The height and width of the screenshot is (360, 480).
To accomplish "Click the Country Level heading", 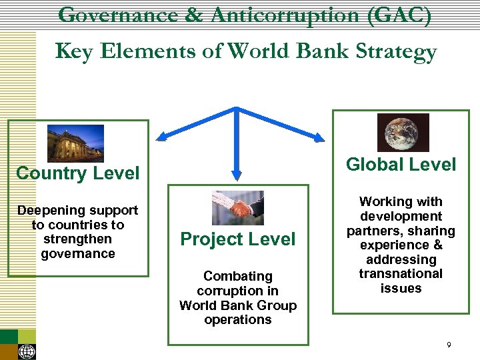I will [x=77, y=174].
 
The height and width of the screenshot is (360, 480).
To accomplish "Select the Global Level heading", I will [x=401, y=165].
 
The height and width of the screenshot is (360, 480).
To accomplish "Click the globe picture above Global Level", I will [x=403, y=133].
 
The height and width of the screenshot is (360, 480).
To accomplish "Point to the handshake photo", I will [x=237, y=208].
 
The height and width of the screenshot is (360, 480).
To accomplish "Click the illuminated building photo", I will [x=75, y=143].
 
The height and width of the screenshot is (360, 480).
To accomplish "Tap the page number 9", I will [x=449, y=345].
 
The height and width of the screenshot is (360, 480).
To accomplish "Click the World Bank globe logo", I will [x=27, y=351].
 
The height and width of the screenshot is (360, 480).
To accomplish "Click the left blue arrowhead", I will [x=161, y=138].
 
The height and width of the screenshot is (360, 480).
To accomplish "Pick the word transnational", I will [x=401, y=273].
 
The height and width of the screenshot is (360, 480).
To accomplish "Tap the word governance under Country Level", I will [x=77, y=253].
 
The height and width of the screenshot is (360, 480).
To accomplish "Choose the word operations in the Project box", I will [x=238, y=319].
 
